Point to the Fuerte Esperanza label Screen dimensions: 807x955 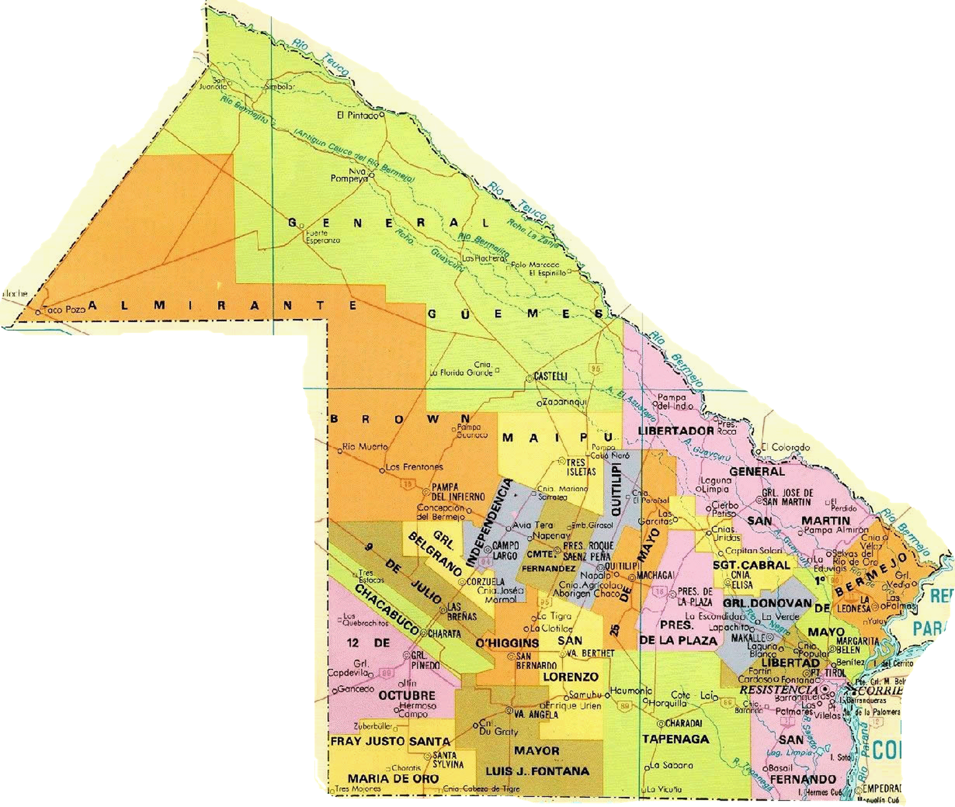pyautogui.click(x=322, y=237)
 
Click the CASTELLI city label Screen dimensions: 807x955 pyautogui.click(x=551, y=376)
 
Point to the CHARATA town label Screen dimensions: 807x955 pyautogui.click(x=445, y=634)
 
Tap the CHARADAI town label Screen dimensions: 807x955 pyautogui.click(x=683, y=723)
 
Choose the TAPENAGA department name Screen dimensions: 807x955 pyautogui.click(x=676, y=739)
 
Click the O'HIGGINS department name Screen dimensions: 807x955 pyautogui.click(x=507, y=643)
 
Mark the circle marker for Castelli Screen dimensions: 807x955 pyautogui.click(x=529, y=378)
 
